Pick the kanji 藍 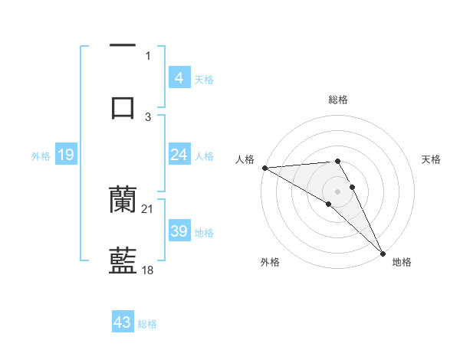[x=123, y=260]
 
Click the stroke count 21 [x=148, y=208]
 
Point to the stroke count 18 [x=148, y=270]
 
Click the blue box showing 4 [x=179, y=77]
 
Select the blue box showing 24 [x=179, y=155]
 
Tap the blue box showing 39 [x=179, y=231]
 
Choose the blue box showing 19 [x=65, y=155]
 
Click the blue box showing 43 [x=123, y=322]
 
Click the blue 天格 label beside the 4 [x=204, y=79]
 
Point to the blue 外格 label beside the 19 [x=41, y=156]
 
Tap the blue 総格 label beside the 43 [x=147, y=324]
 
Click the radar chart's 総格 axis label [x=338, y=100]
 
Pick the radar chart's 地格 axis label [x=402, y=262]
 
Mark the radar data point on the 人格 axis [x=264, y=168]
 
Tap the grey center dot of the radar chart [x=338, y=191]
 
